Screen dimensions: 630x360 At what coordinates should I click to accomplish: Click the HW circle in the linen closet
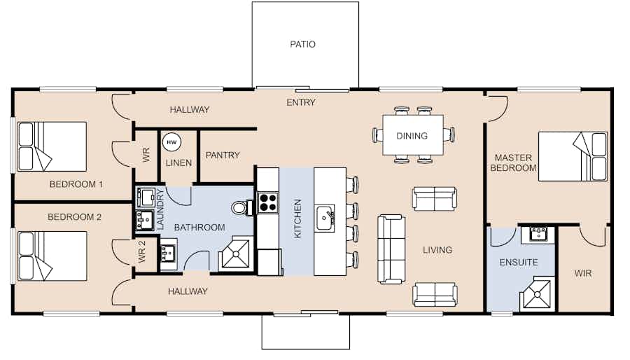171,142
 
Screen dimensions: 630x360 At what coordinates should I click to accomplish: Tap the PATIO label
302,44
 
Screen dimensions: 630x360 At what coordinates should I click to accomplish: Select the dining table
412,135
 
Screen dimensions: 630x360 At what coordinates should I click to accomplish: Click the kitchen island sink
325,219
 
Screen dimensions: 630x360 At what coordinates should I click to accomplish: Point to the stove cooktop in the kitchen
268,202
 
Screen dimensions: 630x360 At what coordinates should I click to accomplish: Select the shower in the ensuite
538,293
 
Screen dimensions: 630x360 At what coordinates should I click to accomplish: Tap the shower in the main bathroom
236,254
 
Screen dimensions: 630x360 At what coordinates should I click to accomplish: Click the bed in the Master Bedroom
573,156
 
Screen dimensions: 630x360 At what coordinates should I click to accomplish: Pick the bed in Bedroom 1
52,146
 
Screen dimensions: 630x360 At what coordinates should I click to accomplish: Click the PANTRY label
223,155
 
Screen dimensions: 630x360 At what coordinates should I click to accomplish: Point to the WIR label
582,274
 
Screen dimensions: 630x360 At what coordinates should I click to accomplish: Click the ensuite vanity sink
538,234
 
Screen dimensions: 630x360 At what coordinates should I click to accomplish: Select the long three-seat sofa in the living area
391,249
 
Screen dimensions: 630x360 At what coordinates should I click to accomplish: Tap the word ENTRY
301,103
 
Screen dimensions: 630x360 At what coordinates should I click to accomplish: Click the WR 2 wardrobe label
141,252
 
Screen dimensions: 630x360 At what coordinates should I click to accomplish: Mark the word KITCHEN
297,219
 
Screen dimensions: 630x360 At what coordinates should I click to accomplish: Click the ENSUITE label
519,263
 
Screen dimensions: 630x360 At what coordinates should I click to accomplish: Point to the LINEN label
178,163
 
